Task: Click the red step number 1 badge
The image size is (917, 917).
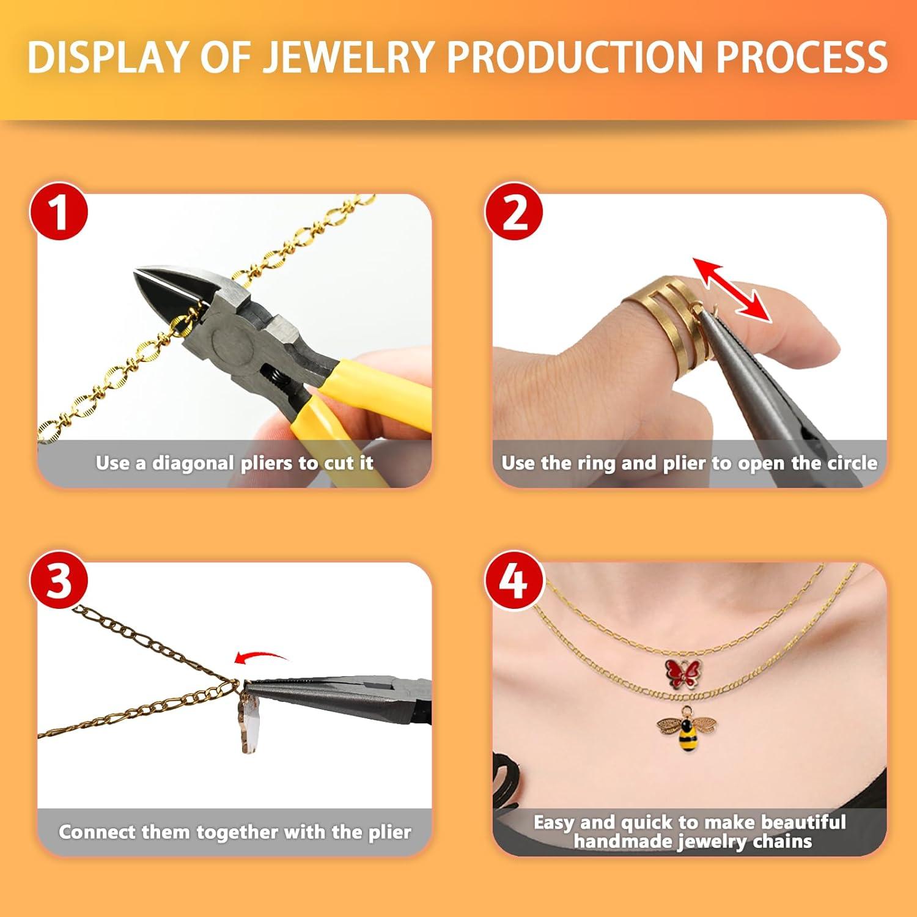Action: (x=59, y=212)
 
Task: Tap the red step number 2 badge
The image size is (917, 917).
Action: (x=515, y=212)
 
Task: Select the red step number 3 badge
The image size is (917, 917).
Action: (x=59, y=580)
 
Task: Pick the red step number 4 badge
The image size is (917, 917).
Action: (x=514, y=580)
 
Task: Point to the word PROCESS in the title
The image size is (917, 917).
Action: (x=801, y=57)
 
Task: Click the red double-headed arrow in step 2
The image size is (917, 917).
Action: (x=732, y=289)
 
